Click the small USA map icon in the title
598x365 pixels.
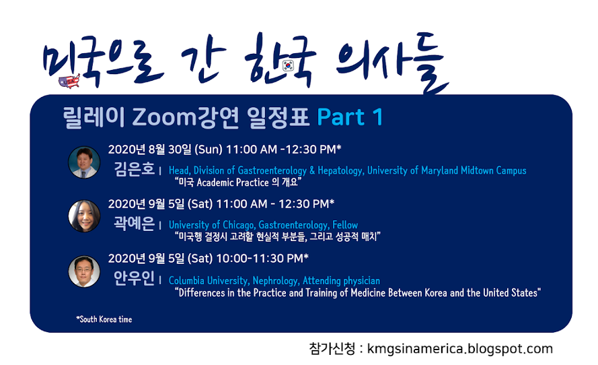click(x=69, y=81)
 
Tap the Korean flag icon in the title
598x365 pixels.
click(x=289, y=66)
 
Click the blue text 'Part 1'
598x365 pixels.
click(x=350, y=117)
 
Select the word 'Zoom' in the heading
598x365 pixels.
click(x=164, y=117)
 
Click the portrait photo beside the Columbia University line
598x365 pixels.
click(x=84, y=271)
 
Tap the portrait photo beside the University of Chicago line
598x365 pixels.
click(x=84, y=216)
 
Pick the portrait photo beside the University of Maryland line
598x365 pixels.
click(x=84, y=162)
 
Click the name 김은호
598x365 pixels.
click(x=135, y=169)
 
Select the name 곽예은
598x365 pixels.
click(x=135, y=224)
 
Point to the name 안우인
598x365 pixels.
click(x=135, y=278)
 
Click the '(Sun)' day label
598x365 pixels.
click(x=209, y=150)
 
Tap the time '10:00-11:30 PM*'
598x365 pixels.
click(x=262, y=259)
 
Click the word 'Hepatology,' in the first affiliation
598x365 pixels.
click(x=341, y=170)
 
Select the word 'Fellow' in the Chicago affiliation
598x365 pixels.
click(x=345, y=225)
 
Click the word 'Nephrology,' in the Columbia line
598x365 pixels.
click(x=276, y=281)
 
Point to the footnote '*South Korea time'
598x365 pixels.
click(x=104, y=319)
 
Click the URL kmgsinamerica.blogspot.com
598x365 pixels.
click(x=460, y=349)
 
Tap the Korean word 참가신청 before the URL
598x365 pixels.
click(x=332, y=348)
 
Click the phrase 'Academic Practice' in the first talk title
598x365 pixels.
click(x=233, y=182)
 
